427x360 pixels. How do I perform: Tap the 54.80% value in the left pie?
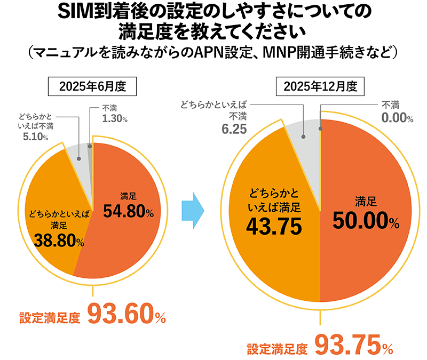point(128,212)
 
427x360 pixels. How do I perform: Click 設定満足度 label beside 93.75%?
point(277,349)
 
